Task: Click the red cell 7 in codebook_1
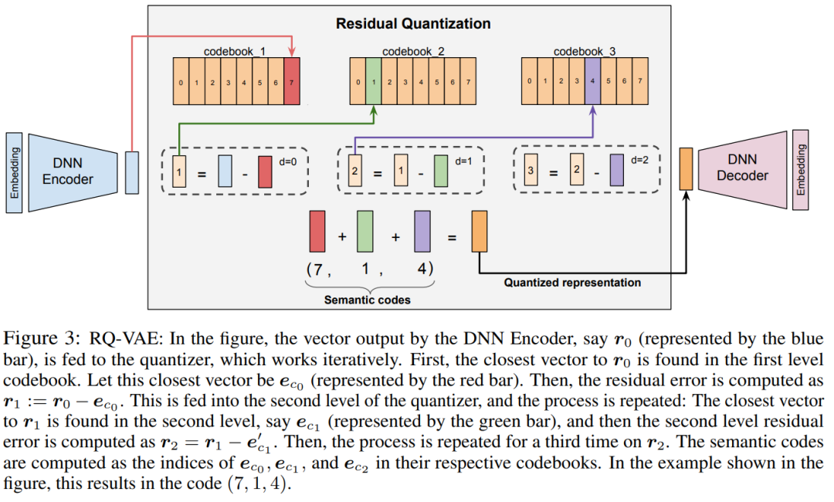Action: point(292,81)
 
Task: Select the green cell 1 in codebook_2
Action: point(374,81)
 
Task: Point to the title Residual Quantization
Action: point(412,24)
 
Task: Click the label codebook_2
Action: point(413,52)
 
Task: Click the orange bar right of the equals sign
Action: point(479,230)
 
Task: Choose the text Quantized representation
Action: point(572,283)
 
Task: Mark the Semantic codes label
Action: point(368,299)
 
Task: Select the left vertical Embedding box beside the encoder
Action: point(13,171)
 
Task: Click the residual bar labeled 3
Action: point(531,169)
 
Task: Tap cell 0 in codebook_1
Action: point(180,81)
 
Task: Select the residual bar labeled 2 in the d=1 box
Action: point(354,169)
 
